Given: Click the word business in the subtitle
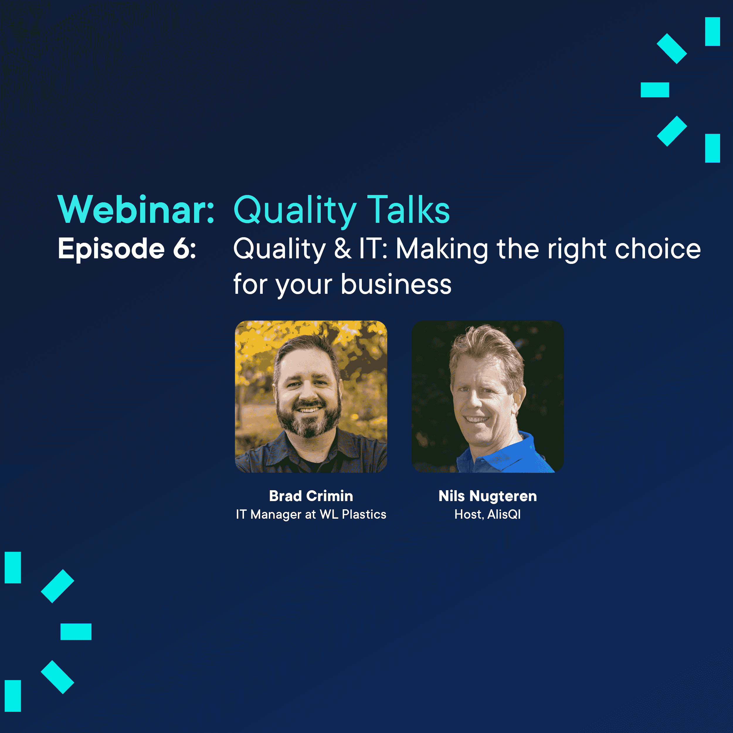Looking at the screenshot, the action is pyautogui.click(x=396, y=284).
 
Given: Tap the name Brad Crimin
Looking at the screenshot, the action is pyautogui.click(x=311, y=496).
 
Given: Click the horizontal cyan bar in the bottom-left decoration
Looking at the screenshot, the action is pyautogui.click(x=76, y=632).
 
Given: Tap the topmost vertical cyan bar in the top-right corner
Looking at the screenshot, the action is pyautogui.click(x=712, y=31).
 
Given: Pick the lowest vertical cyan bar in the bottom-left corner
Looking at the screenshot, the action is pyautogui.click(x=13, y=696).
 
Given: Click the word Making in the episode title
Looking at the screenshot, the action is pyautogui.click(x=442, y=250).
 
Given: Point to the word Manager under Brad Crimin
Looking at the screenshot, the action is pyautogui.click(x=276, y=515).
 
